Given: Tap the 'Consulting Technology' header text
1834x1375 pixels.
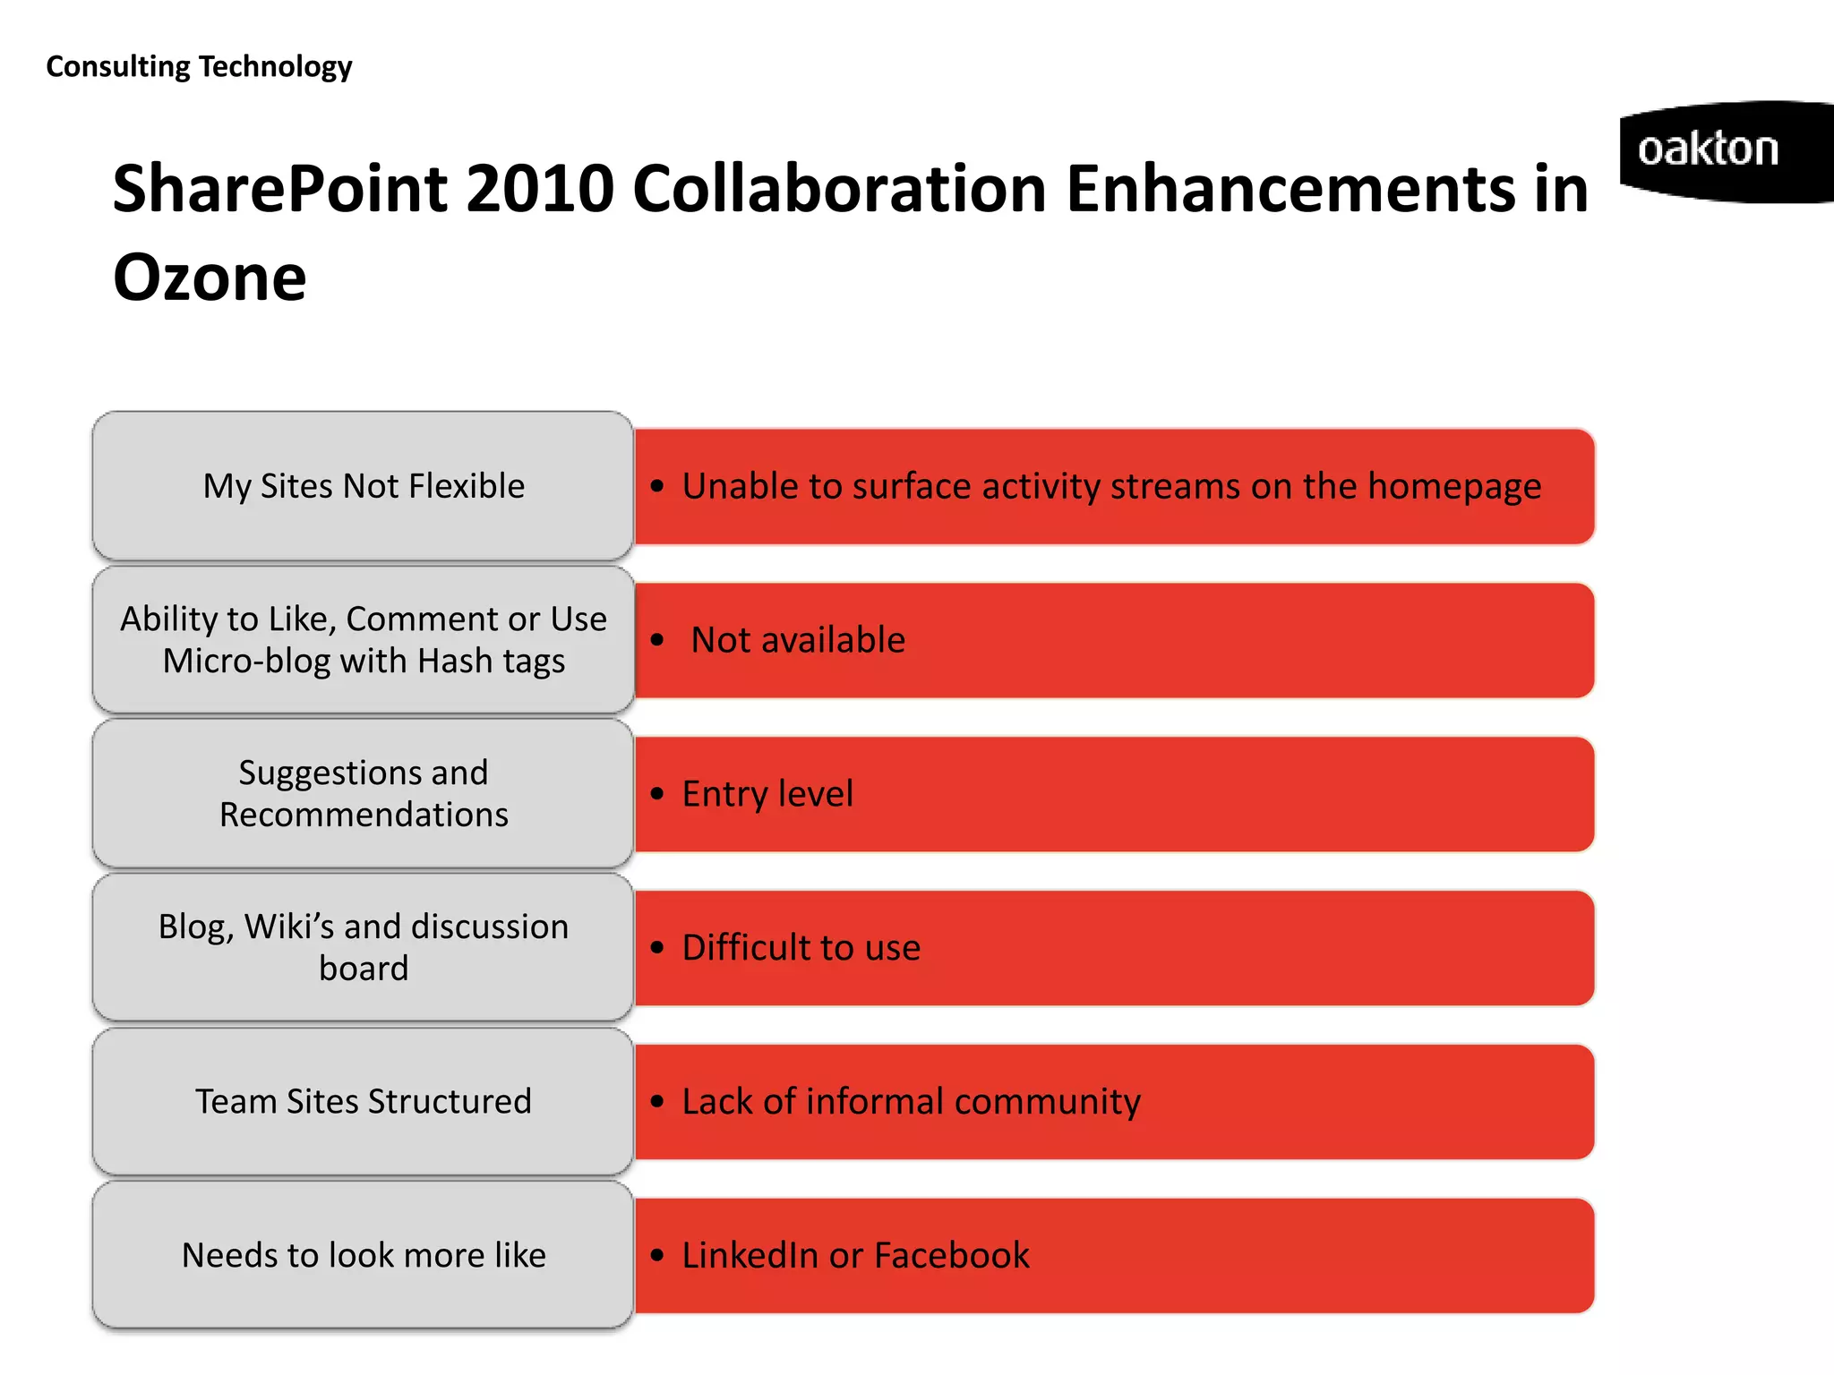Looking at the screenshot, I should [199, 67].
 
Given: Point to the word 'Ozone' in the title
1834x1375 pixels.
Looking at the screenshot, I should [210, 278].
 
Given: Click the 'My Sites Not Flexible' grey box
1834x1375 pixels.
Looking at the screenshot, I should [363, 486].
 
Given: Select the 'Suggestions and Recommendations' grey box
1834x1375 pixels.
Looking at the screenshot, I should [363, 793].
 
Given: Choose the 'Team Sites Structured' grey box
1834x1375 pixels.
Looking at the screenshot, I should [363, 1101].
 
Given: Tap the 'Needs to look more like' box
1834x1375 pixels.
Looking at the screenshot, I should [363, 1255].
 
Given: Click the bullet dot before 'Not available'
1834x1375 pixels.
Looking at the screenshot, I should [658, 640].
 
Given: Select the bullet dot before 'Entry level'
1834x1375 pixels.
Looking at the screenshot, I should [658, 794].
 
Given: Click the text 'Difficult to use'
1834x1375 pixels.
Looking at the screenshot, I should [801, 948].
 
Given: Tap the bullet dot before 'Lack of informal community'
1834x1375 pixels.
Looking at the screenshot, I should [658, 1102].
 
